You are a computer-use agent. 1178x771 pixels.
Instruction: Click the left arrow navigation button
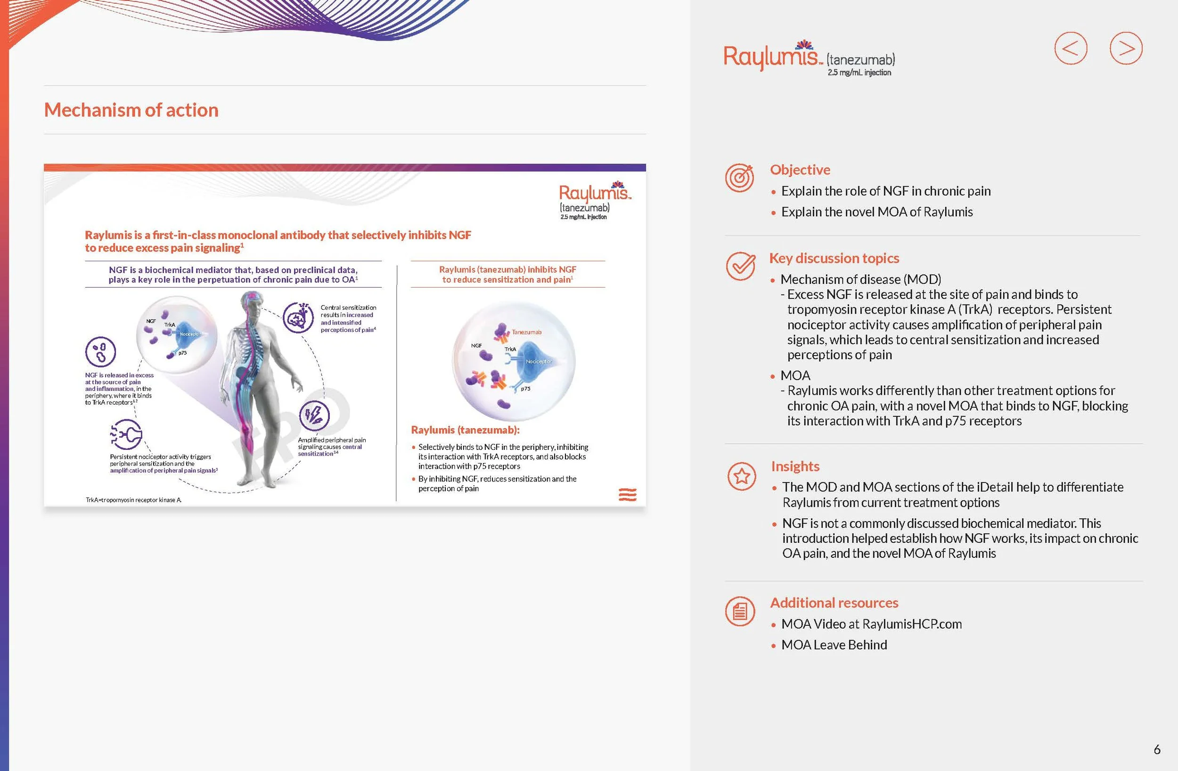(1071, 49)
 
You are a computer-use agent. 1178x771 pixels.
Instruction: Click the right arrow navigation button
(1126, 49)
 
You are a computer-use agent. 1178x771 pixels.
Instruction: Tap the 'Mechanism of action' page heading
(131, 110)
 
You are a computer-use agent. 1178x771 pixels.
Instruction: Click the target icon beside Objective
(739, 178)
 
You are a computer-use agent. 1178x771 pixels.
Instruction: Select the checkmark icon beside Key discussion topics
(740, 266)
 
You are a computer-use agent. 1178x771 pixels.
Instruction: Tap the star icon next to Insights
(742, 476)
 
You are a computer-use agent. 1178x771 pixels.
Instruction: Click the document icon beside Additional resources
(740, 611)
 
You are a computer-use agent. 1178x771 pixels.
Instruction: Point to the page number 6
(1157, 749)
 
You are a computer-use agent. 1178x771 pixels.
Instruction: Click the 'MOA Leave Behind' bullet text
(834, 645)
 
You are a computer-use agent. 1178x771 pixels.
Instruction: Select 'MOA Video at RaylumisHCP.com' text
(871, 624)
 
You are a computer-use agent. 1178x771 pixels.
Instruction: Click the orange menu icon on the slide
(628, 494)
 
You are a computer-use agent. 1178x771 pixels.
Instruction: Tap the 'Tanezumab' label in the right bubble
(527, 332)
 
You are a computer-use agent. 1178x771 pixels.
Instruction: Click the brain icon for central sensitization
(298, 317)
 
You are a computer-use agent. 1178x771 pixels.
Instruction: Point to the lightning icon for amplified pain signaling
(314, 415)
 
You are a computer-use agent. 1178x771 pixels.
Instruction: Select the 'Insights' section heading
(795, 466)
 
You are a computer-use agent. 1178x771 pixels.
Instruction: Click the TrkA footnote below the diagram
(134, 500)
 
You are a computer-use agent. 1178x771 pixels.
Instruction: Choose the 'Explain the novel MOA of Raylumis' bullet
(876, 212)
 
